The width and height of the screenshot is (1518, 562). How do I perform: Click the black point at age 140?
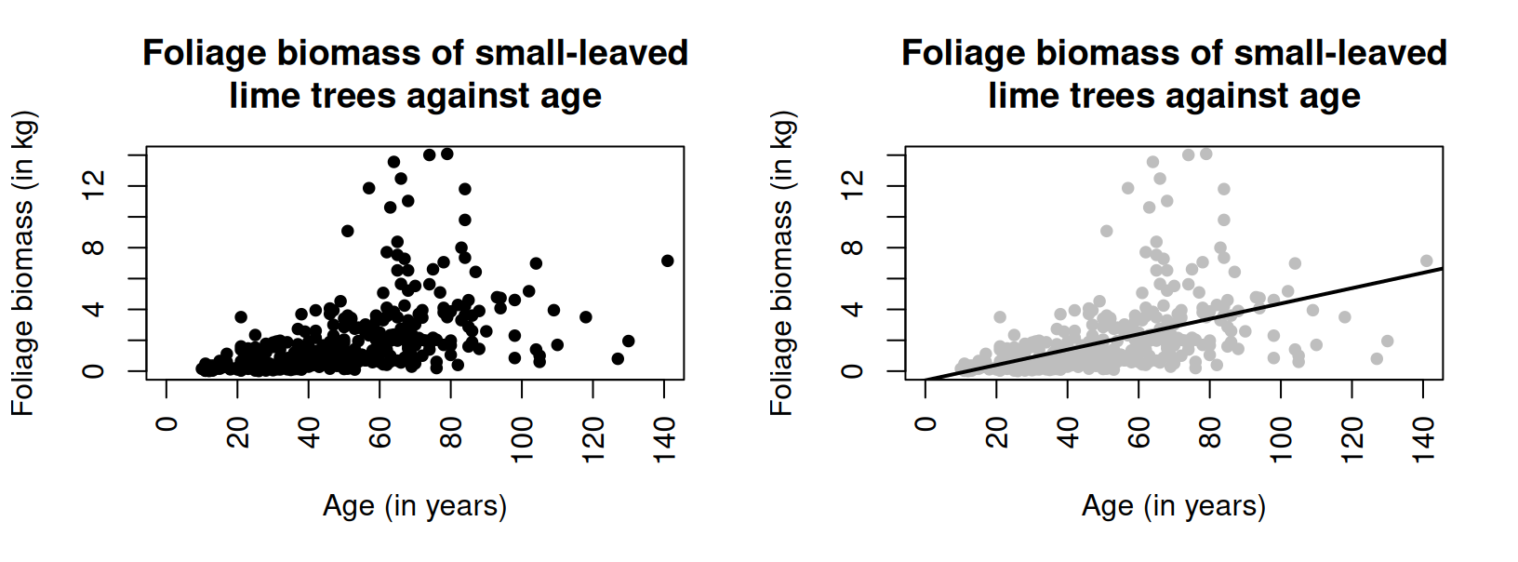click(x=667, y=261)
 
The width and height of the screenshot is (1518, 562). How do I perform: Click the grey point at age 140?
click(x=1426, y=261)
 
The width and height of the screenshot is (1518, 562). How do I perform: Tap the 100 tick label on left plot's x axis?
click(x=522, y=438)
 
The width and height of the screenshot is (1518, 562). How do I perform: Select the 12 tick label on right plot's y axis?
click(x=852, y=186)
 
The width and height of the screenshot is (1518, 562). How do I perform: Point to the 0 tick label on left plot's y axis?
click(x=93, y=371)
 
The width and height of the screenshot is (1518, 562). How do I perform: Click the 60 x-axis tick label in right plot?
click(x=1138, y=433)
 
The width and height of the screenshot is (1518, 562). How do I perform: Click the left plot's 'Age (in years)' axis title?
click(x=415, y=505)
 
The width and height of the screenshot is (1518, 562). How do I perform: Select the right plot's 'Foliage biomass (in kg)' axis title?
click(x=781, y=263)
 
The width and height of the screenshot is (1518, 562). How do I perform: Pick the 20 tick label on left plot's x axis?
click(x=238, y=433)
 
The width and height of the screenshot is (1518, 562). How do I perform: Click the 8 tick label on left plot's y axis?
click(x=93, y=248)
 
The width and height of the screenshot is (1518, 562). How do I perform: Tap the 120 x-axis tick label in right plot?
click(x=1352, y=438)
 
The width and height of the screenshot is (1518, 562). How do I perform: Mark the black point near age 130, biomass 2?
click(x=628, y=341)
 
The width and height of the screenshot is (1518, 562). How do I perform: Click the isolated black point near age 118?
click(x=585, y=317)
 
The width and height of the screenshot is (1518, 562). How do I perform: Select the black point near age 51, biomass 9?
click(x=347, y=231)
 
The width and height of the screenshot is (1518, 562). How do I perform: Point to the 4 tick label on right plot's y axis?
click(x=852, y=309)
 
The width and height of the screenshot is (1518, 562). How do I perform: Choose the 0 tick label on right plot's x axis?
click(x=925, y=425)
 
